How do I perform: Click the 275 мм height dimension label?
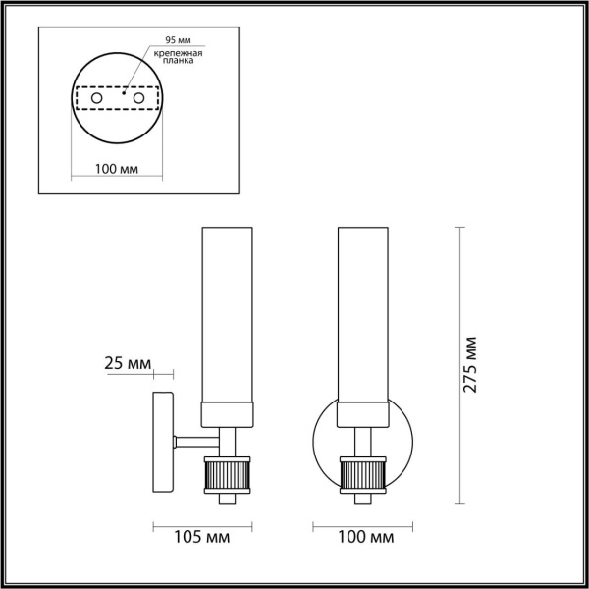[472, 365]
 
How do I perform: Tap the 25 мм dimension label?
[128, 364]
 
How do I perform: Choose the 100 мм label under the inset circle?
[115, 169]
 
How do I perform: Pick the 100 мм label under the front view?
[358, 537]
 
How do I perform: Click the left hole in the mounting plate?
[95, 99]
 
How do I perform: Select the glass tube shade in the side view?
[228, 314]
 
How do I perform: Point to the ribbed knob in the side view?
[228, 477]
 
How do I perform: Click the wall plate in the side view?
[163, 442]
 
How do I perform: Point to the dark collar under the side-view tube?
[228, 415]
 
